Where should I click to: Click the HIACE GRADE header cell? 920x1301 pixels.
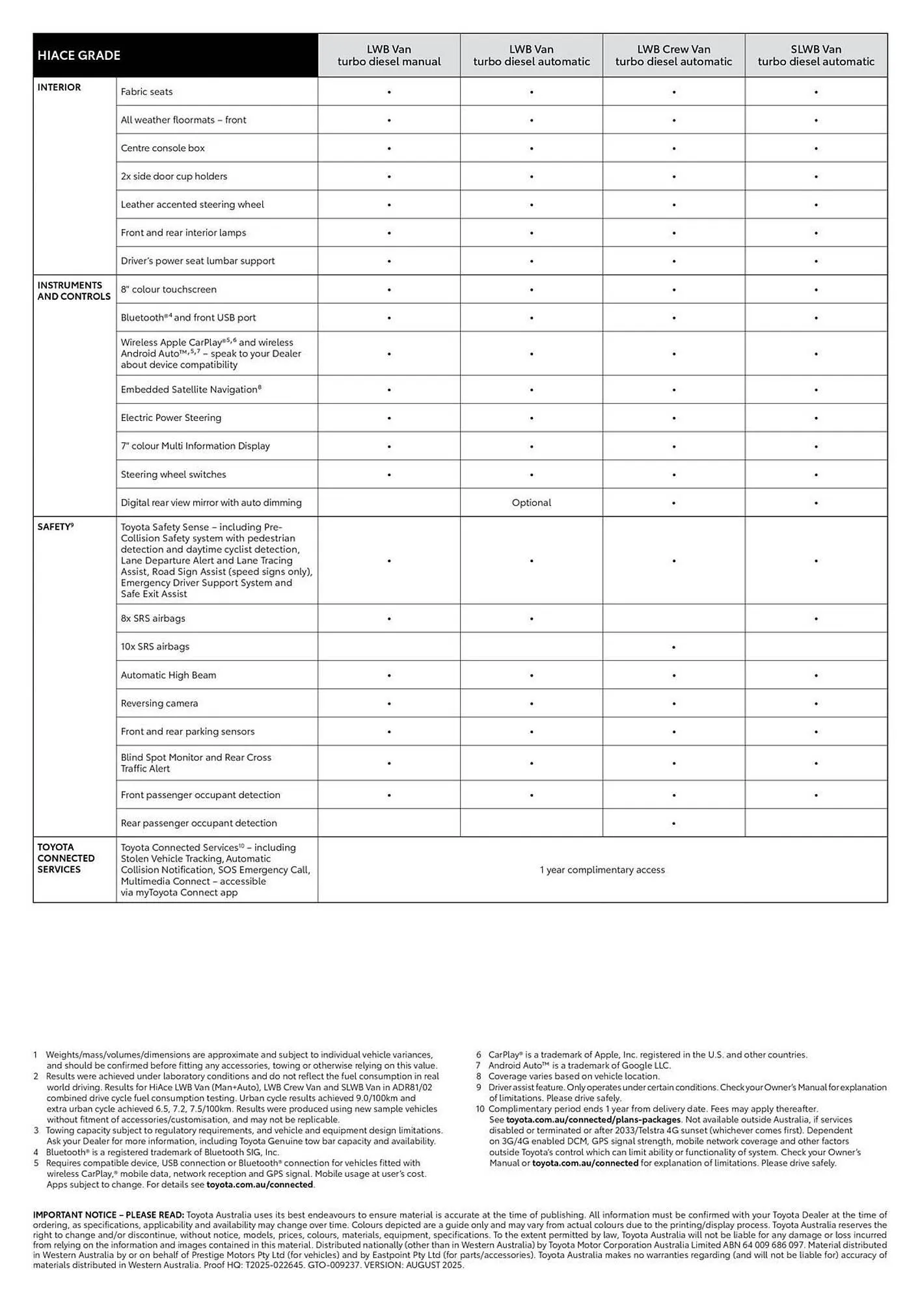click(x=79, y=55)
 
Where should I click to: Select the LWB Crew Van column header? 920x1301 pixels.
click(x=673, y=55)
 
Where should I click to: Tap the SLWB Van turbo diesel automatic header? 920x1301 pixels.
click(x=816, y=55)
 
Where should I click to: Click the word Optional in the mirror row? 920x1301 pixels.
click(x=531, y=503)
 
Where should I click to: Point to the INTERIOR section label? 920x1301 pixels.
click(x=59, y=87)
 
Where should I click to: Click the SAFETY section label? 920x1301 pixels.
click(x=55, y=527)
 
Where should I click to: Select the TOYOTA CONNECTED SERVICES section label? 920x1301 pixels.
click(x=66, y=858)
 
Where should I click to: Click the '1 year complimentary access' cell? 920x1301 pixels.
click(x=602, y=870)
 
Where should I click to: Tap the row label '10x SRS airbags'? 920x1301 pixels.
click(x=155, y=647)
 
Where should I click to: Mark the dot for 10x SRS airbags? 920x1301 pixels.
click(x=673, y=647)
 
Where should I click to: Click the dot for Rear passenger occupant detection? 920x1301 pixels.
click(x=673, y=824)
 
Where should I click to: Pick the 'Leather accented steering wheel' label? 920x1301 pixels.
click(x=192, y=204)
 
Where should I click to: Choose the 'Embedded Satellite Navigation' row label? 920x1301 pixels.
click(x=190, y=390)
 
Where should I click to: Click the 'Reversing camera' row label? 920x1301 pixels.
click(x=159, y=703)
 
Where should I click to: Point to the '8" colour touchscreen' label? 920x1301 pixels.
click(x=169, y=289)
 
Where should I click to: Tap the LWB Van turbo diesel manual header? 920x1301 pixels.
click(x=389, y=55)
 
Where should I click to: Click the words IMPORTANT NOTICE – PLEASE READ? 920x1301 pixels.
click(x=109, y=1214)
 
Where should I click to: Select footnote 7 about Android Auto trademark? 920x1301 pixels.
click(x=579, y=1066)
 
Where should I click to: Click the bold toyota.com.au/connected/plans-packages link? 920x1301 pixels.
click(x=593, y=1120)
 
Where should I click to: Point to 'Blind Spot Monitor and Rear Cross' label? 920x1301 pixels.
click(x=196, y=757)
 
